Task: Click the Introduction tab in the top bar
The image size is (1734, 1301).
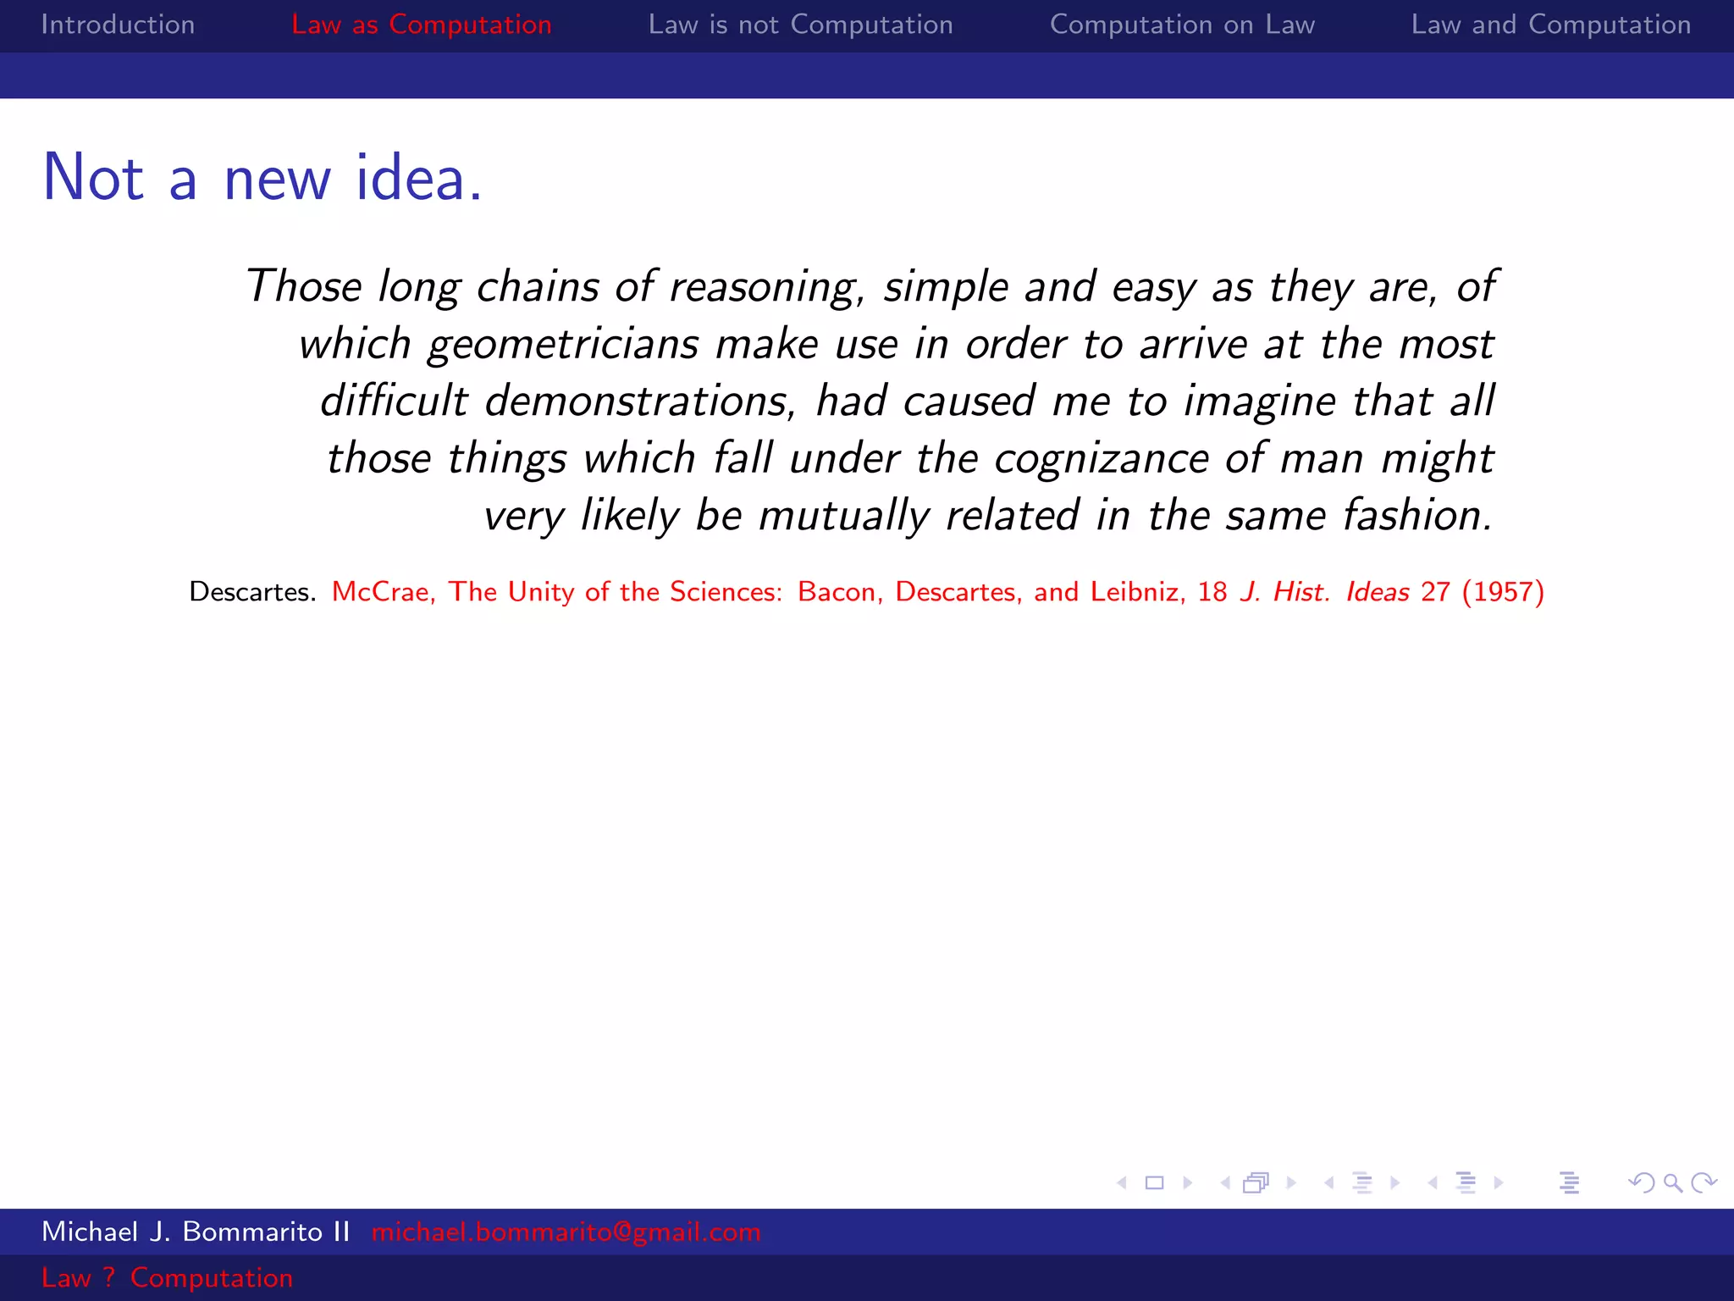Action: [x=118, y=25]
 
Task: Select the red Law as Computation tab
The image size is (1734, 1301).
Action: [x=421, y=25]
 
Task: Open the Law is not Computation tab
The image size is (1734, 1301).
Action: [x=800, y=25]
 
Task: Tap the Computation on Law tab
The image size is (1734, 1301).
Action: [x=1182, y=25]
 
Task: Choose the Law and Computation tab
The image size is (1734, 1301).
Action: [x=1550, y=25]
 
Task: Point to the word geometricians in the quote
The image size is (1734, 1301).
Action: [x=563, y=345]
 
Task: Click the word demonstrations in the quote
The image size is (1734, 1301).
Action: [x=640, y=401]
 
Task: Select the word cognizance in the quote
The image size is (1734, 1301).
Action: [x=1101, y=459]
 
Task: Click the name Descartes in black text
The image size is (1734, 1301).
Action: [x=251, y=591]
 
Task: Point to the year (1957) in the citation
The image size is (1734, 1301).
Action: [x=1503, y=591]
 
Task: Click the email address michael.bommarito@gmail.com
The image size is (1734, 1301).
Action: [x=566, y=1232]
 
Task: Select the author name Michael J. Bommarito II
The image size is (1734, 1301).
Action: [x=196, y=1232]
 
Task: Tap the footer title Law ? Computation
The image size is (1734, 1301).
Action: [x=167, y=1277]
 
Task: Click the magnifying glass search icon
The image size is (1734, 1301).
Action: [x=1672, y=1182]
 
